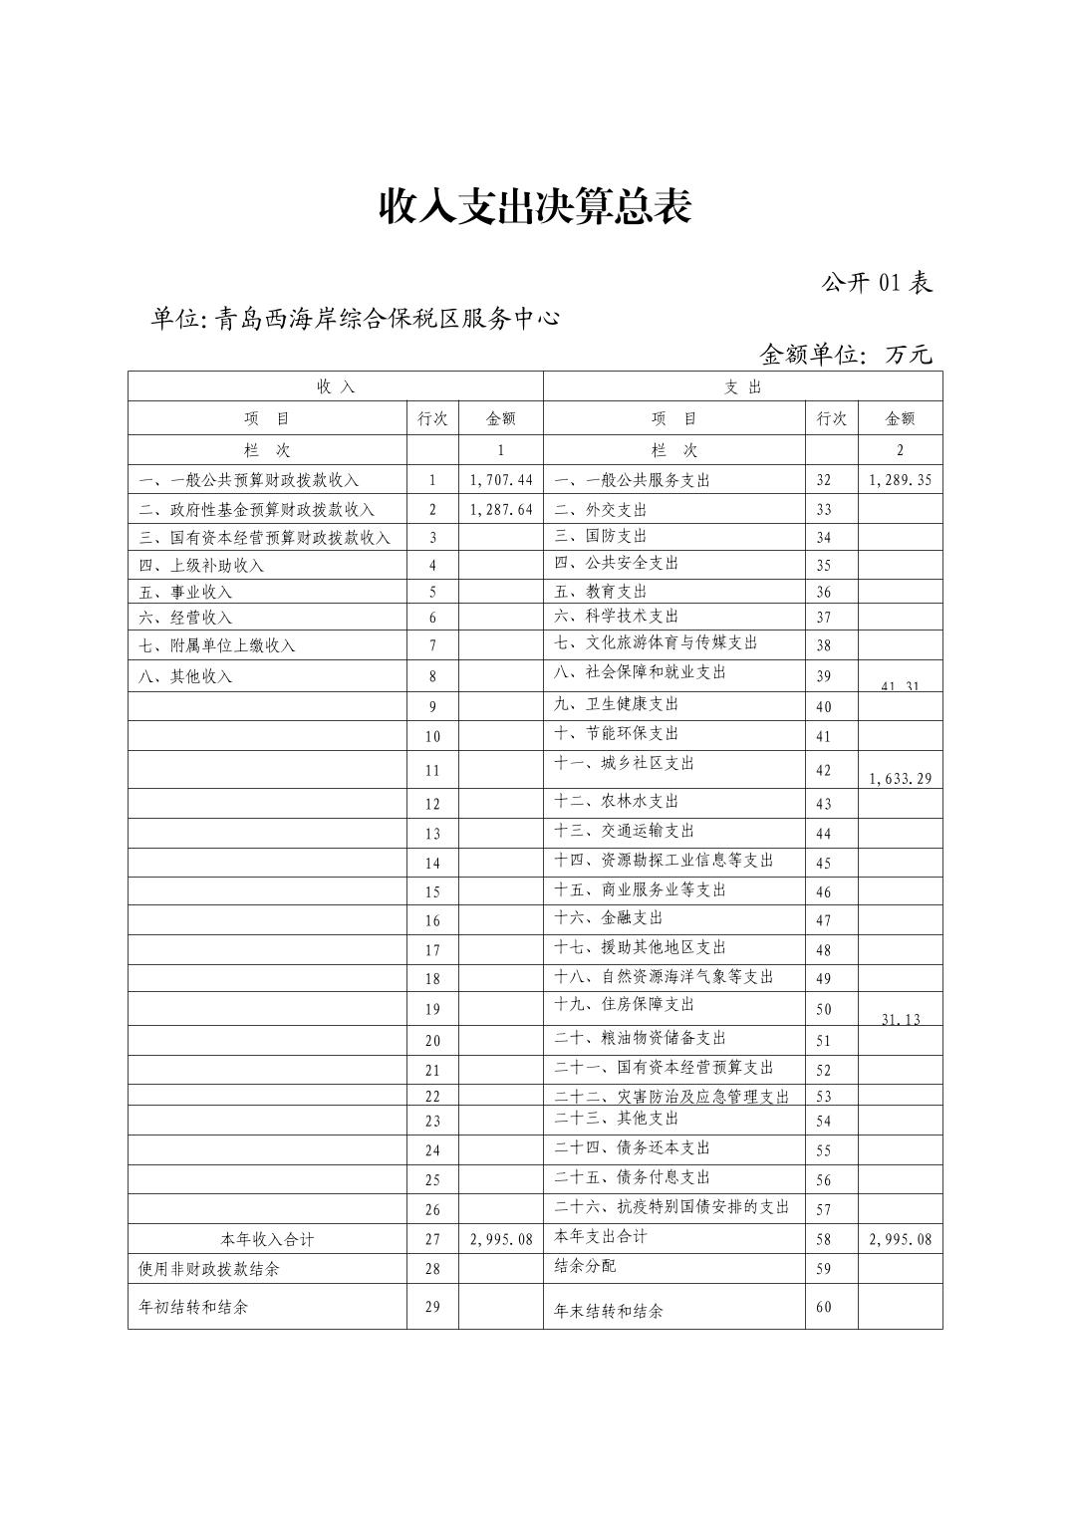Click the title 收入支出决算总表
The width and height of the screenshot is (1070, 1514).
click(534, 206)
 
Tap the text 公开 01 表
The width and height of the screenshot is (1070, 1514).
click(877, 283)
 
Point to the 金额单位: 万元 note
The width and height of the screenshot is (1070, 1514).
click(846, 354)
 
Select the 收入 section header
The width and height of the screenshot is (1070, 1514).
click(336, 387)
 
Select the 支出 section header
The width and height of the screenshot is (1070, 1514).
click(742, 387)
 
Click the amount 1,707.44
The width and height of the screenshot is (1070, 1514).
click(501, 480)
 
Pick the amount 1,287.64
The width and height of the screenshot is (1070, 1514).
click(501, 509)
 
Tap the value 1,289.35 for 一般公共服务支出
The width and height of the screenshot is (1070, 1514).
click(900, 480)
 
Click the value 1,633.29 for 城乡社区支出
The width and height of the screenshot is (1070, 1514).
click(900, 778)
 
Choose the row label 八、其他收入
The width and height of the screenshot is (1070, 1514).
click(185, 676)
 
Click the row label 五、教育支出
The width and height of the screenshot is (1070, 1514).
click(601, 592)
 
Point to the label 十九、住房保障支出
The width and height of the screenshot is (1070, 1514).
click(625, 1004)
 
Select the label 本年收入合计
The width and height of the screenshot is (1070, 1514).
click(267, 1239)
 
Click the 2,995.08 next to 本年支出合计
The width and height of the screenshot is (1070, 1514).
click(900, 1239)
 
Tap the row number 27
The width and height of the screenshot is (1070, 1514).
click(432, 1239)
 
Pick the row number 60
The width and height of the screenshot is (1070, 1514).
click(823, 1307)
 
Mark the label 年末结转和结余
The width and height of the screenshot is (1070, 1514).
click(609, 1311)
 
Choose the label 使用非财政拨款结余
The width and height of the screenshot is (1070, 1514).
click(209, 1269)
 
